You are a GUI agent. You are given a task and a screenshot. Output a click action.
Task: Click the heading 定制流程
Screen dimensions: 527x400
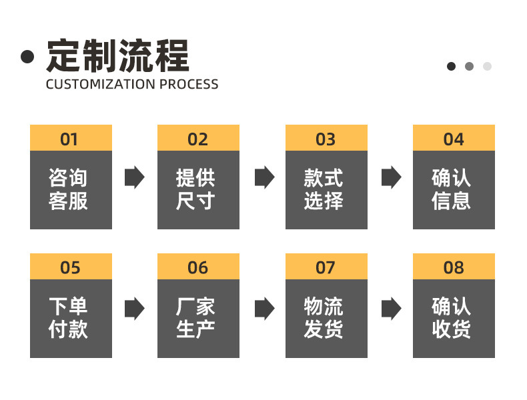[x=117, y=56]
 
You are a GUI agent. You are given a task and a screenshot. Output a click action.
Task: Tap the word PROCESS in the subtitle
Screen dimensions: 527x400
[x=189, y=84]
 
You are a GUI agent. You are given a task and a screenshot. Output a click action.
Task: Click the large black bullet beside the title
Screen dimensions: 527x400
[x=27, y=57]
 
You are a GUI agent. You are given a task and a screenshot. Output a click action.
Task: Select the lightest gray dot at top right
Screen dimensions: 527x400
[x=487, y=66]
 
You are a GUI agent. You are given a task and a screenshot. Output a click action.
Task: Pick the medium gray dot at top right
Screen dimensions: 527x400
[x=469, y=66]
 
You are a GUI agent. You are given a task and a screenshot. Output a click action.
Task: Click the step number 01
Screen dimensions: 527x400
[x=69, y=139]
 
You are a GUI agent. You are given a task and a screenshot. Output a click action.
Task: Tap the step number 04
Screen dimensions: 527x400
[x=454, y=139]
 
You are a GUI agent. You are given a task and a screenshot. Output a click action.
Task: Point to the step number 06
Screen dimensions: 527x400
[x=198, y=268]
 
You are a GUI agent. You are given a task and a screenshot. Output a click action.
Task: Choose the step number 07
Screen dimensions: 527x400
[x=326, y=268]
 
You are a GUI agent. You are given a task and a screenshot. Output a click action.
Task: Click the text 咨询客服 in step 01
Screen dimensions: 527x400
[x=68, y=189]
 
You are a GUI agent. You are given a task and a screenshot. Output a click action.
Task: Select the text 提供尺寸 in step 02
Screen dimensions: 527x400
[x=195, y=189]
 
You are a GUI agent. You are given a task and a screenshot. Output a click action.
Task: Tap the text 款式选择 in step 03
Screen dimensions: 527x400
[x=324, y=189]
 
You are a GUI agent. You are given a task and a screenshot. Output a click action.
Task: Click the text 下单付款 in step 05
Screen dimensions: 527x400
[x=68, y=318]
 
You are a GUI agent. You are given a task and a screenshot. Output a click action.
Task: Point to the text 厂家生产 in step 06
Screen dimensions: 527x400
[x=195, y=318]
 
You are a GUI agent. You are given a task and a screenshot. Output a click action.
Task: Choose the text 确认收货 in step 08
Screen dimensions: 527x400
[x=452, y=318]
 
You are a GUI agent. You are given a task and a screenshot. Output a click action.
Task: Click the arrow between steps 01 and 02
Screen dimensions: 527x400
[x=135, y=177]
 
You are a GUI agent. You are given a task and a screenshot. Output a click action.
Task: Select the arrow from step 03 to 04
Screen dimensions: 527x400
[x=392, y=177]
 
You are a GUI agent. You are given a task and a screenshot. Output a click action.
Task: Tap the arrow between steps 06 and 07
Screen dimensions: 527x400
[x=265, y=308]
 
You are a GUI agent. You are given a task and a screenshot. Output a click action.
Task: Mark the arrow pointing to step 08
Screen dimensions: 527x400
[x=392, y=308]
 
